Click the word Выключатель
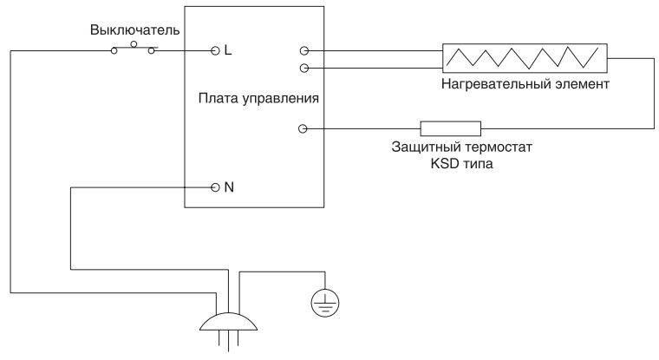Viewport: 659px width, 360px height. tap(134, 30)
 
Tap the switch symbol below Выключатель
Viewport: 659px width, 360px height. tap(134, 49)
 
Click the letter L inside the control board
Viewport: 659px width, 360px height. tap(228, 50)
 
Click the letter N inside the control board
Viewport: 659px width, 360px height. tap(229, 187)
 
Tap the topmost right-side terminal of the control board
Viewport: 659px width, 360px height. tap(302, 51)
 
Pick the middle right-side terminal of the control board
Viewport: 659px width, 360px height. tap(302, 68)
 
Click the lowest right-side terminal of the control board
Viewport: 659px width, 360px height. tap(302, 129)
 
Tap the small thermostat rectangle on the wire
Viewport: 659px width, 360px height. tap(450, 129)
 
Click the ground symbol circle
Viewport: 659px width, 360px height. tap(326, 301)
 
